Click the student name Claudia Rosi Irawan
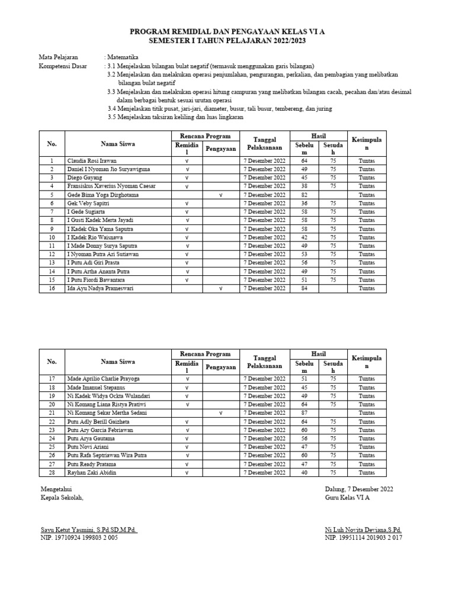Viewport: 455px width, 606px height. [92, 160]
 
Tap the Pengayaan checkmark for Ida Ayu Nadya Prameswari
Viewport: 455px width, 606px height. [220, 288]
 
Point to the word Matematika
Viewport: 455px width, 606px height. [122, 57]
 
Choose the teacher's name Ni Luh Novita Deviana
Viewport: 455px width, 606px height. [363, 530]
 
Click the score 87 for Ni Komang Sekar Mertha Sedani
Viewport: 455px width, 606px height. [305, 412]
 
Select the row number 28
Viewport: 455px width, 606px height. [52, 472]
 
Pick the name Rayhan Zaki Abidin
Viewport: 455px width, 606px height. [92, 472]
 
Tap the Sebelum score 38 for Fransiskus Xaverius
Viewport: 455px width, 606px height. [305, 186]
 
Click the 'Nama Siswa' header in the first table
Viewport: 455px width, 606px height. [117, 144]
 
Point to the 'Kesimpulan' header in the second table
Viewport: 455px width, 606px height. [367, 362]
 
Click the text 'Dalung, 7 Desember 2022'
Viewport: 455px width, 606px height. [358, 489]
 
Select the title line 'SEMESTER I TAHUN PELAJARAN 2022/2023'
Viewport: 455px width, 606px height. [227, 40]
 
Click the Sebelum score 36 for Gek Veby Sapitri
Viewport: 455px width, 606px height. [305, 203]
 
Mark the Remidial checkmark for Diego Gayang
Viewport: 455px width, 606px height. [187, 178]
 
